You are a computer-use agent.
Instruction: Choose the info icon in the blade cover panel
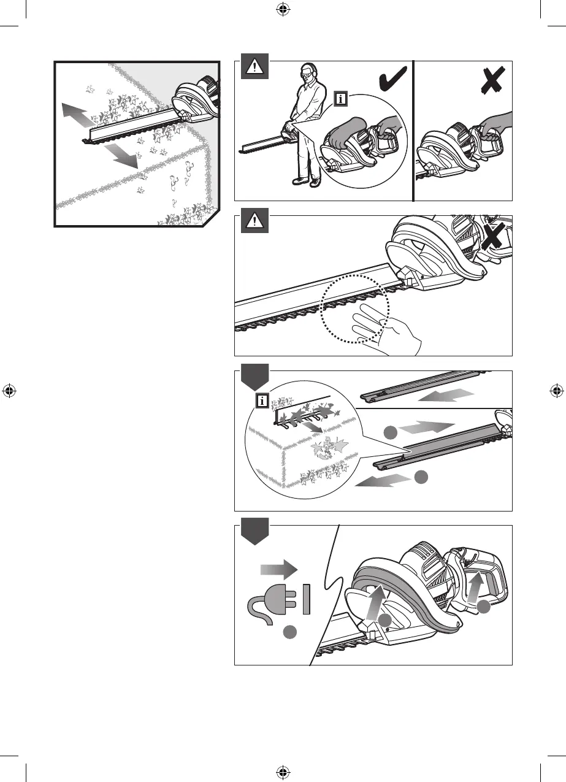click(x=262, y=402)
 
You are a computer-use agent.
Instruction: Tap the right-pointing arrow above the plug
click(x=278, y=570)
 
